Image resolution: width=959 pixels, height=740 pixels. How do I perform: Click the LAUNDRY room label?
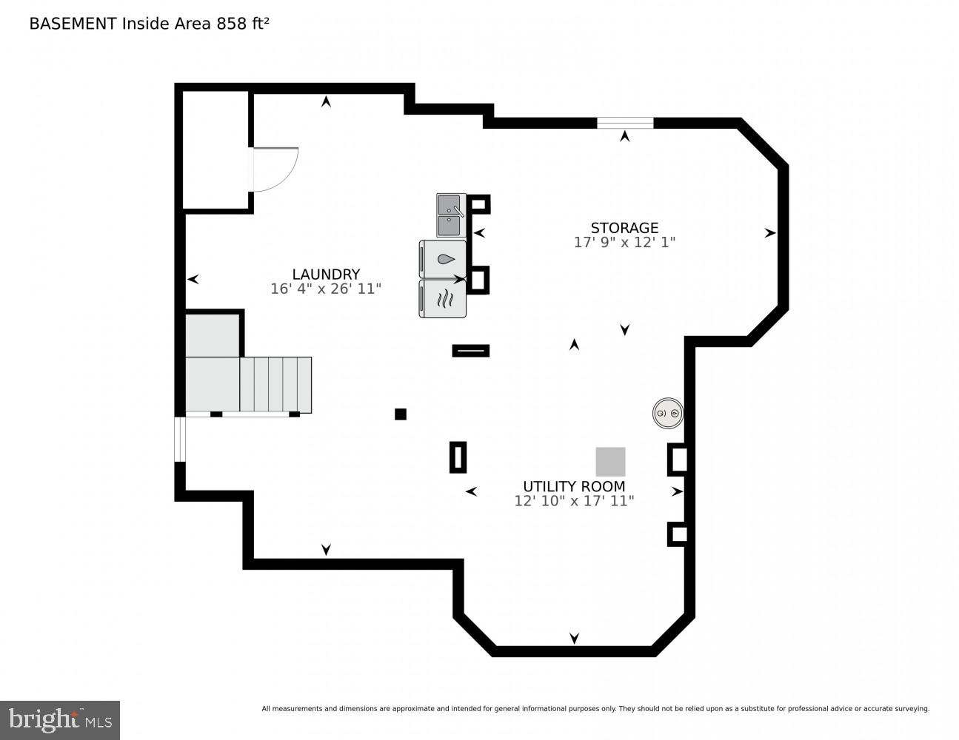tap(326, 274)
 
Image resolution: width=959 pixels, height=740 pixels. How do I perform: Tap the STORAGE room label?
tap(624, 228)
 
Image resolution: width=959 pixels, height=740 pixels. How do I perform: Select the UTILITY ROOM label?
tap(574, 486)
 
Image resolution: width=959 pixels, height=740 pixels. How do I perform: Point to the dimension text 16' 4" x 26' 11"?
tap(326, 289)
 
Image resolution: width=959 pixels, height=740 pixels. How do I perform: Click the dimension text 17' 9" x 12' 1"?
tap(624, 243)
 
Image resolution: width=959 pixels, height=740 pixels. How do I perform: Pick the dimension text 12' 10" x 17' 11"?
tap(574, 501)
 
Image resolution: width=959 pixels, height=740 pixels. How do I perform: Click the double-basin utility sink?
tap(450, 215)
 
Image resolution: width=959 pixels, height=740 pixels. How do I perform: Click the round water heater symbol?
tap(667, 414)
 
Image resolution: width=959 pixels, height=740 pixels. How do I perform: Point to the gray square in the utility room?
tap(610, 462)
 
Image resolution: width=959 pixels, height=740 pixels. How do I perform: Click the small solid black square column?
tap(401, 414)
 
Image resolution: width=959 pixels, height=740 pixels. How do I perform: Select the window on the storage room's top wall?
tap(625, 123)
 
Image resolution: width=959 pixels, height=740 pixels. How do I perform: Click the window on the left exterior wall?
tap(180, 440)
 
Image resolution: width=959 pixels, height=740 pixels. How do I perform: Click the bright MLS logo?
tap(60, 720)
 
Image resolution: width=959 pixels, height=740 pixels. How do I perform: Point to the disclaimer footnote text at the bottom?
tap(595, 709)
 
